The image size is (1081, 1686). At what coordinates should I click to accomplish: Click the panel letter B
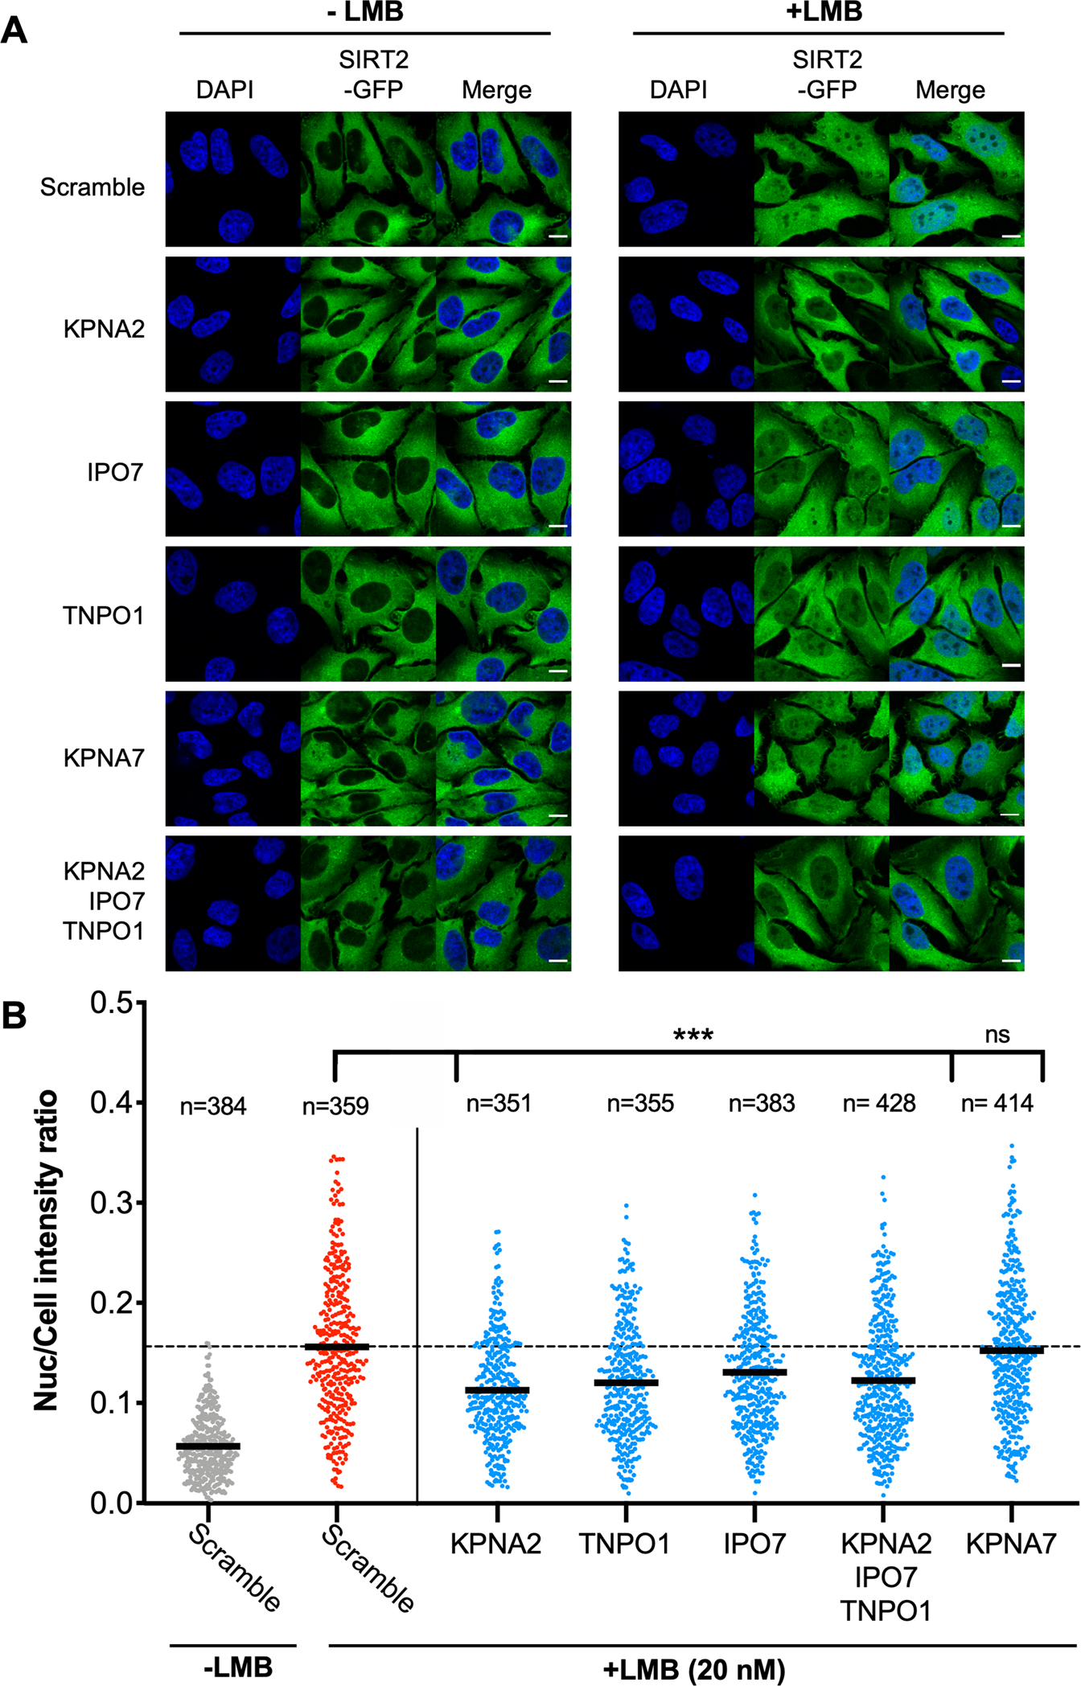[x=14, y=1015]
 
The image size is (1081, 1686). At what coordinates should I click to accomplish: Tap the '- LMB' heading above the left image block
[x=364, y=12]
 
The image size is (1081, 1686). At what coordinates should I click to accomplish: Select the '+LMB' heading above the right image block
[x=824, y=12]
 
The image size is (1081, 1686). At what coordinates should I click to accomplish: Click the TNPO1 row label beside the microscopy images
[x=103, y=616]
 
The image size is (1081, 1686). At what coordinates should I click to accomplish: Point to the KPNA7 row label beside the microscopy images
[x=104, y=758]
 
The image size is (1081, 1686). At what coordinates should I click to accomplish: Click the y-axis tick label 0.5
[x=111, y=1003]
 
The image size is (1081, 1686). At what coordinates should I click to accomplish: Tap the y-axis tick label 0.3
[x=111, y=1203]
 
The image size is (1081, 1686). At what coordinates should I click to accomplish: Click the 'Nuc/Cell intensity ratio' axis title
[x=47, y=1251]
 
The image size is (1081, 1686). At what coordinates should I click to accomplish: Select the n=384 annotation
[x=212, y=1107]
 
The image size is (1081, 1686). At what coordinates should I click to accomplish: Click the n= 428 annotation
[x=878, y=1104]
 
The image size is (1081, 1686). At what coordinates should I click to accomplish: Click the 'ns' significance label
[x=997, y=1035]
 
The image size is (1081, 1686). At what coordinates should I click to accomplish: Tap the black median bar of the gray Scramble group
[x=208, y=1446]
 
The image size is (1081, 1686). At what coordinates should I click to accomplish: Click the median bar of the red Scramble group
[x=336, y=1347]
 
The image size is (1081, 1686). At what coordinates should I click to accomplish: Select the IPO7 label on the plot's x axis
[x=754, y=1544]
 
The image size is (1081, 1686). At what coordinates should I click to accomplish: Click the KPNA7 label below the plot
[x=1010, y=1544]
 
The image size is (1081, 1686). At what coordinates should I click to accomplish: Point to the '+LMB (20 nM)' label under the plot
[x=693, y=1670]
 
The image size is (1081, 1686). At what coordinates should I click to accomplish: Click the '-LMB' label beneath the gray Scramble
[x=238, y=1668]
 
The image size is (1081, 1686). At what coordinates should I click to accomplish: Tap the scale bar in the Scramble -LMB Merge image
[x=558, y=237]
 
